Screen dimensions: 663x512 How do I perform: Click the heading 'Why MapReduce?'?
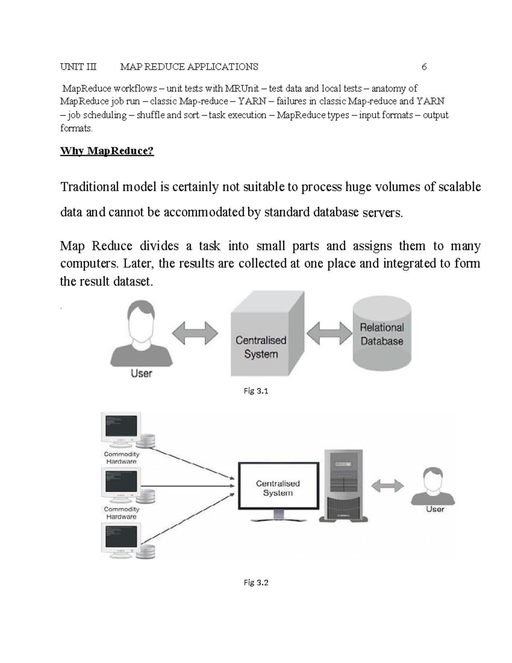[x=107, y=151]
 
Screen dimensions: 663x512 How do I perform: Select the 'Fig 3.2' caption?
[x=256, y=582]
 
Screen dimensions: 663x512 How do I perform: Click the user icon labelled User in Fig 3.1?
[x=142, y=335]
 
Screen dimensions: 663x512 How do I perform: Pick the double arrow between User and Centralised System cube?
[x=195, y=333]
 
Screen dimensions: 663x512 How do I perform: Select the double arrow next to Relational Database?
[x=329, y=333]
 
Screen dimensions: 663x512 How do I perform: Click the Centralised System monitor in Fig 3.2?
[x=278, y=487]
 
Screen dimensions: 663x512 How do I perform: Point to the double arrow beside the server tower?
[x=387, y=486]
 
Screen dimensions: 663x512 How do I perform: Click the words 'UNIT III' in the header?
[x=79, y=67]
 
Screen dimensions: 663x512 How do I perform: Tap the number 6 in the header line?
[x=424, y=67]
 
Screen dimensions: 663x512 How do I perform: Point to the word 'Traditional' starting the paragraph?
[x=90, y=187]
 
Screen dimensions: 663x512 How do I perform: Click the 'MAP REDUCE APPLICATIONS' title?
[x=189, y=67]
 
